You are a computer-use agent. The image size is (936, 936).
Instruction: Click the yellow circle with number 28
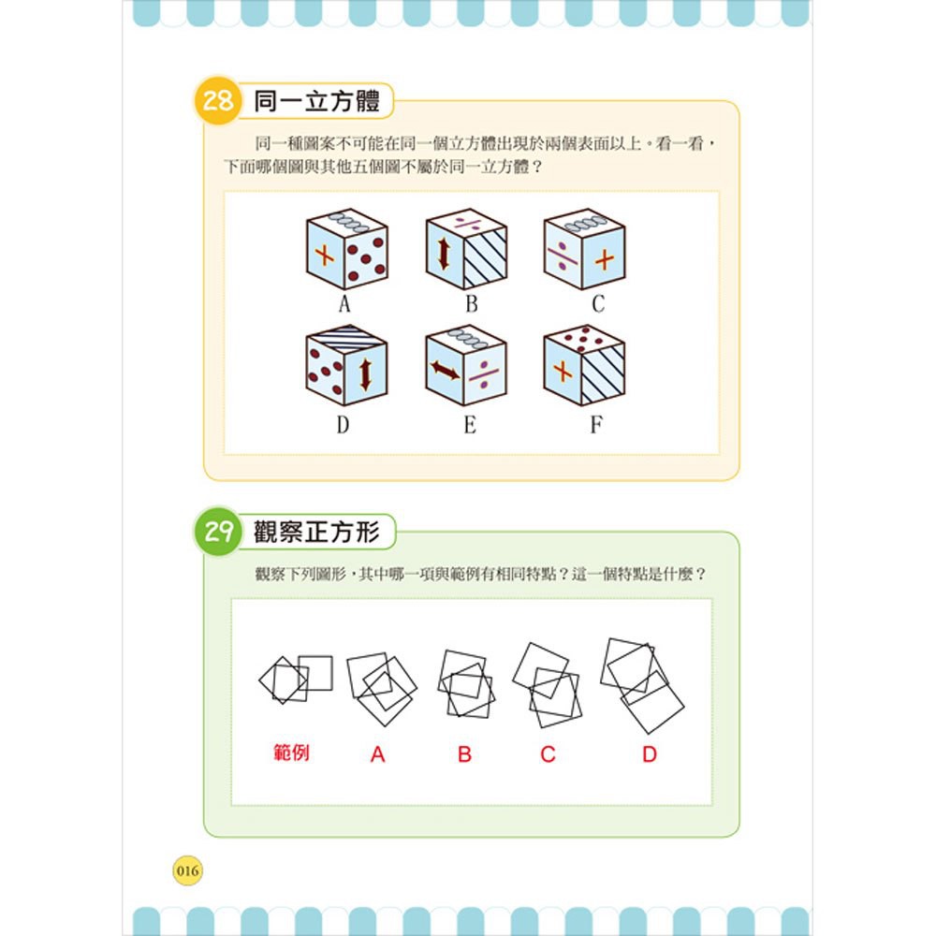(218, 100)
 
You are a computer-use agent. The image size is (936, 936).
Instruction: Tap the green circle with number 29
(218, 532)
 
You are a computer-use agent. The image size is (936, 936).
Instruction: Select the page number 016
(187, 870)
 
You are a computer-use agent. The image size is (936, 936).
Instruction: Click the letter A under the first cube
(344, 304)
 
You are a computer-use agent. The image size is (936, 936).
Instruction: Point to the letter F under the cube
(596, 424)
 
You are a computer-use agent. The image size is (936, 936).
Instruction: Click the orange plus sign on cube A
(324, 256)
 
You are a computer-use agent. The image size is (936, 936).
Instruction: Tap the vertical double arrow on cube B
(443, 255)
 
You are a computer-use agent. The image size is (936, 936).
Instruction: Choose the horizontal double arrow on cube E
(445, 371)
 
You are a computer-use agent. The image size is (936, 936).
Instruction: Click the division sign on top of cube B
(467, 225)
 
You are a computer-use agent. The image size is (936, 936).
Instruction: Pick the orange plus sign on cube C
(605, 259)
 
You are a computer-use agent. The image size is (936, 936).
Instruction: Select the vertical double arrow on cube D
(365, 374)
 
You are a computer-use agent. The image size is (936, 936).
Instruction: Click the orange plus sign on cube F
(563, 372)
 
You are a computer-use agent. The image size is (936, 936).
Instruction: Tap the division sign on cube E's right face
(484, 374)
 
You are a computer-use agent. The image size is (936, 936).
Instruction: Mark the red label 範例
(291, 753)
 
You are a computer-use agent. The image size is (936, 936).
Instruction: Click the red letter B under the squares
(464, 754)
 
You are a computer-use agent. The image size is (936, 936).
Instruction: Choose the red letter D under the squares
(650, 754)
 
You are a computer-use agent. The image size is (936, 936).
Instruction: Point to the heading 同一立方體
(316, 101)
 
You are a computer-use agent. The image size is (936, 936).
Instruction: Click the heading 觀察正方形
(316, 532)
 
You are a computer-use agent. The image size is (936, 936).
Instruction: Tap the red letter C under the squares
(548, 754)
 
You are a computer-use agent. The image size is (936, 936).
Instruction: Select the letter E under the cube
(471, 424)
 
